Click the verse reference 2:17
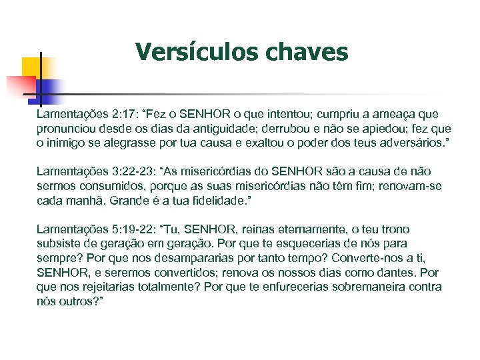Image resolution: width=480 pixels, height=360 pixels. pyautogui.click(x=105, y=115)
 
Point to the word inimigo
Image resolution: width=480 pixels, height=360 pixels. pyautogui.click(x=67, y=143)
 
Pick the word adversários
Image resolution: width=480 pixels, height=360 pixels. pyautogui.click(x=411, y=143)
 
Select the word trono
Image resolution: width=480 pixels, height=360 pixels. pyautogui.click(x=394, y=229)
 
